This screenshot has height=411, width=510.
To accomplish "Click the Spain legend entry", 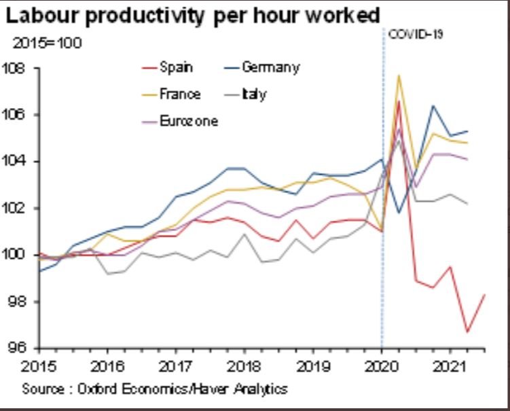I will [x=176, y=67].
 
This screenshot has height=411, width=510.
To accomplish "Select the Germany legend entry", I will [x=270, y=67].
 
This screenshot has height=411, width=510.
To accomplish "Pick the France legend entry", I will [x=179, y=94].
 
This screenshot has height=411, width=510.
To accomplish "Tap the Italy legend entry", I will [x=254, y=94].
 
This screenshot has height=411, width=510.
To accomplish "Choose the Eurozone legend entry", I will [x=189, y=121].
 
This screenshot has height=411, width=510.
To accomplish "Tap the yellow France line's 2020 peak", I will [x=398, y=75].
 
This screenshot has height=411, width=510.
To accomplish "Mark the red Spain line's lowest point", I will [x=467, y=332].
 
